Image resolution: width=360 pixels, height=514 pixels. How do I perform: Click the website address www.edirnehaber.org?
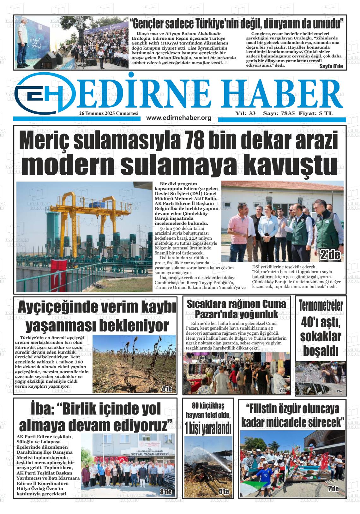179,118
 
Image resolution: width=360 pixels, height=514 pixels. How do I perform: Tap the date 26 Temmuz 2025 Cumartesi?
109,113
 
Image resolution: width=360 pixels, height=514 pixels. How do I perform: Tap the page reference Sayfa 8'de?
331,67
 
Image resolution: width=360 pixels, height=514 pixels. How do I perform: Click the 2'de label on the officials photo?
330,255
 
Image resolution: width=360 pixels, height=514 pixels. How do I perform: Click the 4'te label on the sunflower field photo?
166,389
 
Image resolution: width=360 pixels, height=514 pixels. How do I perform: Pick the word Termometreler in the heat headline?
321,305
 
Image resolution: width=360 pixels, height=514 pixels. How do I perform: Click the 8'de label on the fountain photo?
339,391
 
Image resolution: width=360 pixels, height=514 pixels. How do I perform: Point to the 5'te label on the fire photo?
224,492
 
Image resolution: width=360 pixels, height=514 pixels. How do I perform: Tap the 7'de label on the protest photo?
333,489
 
